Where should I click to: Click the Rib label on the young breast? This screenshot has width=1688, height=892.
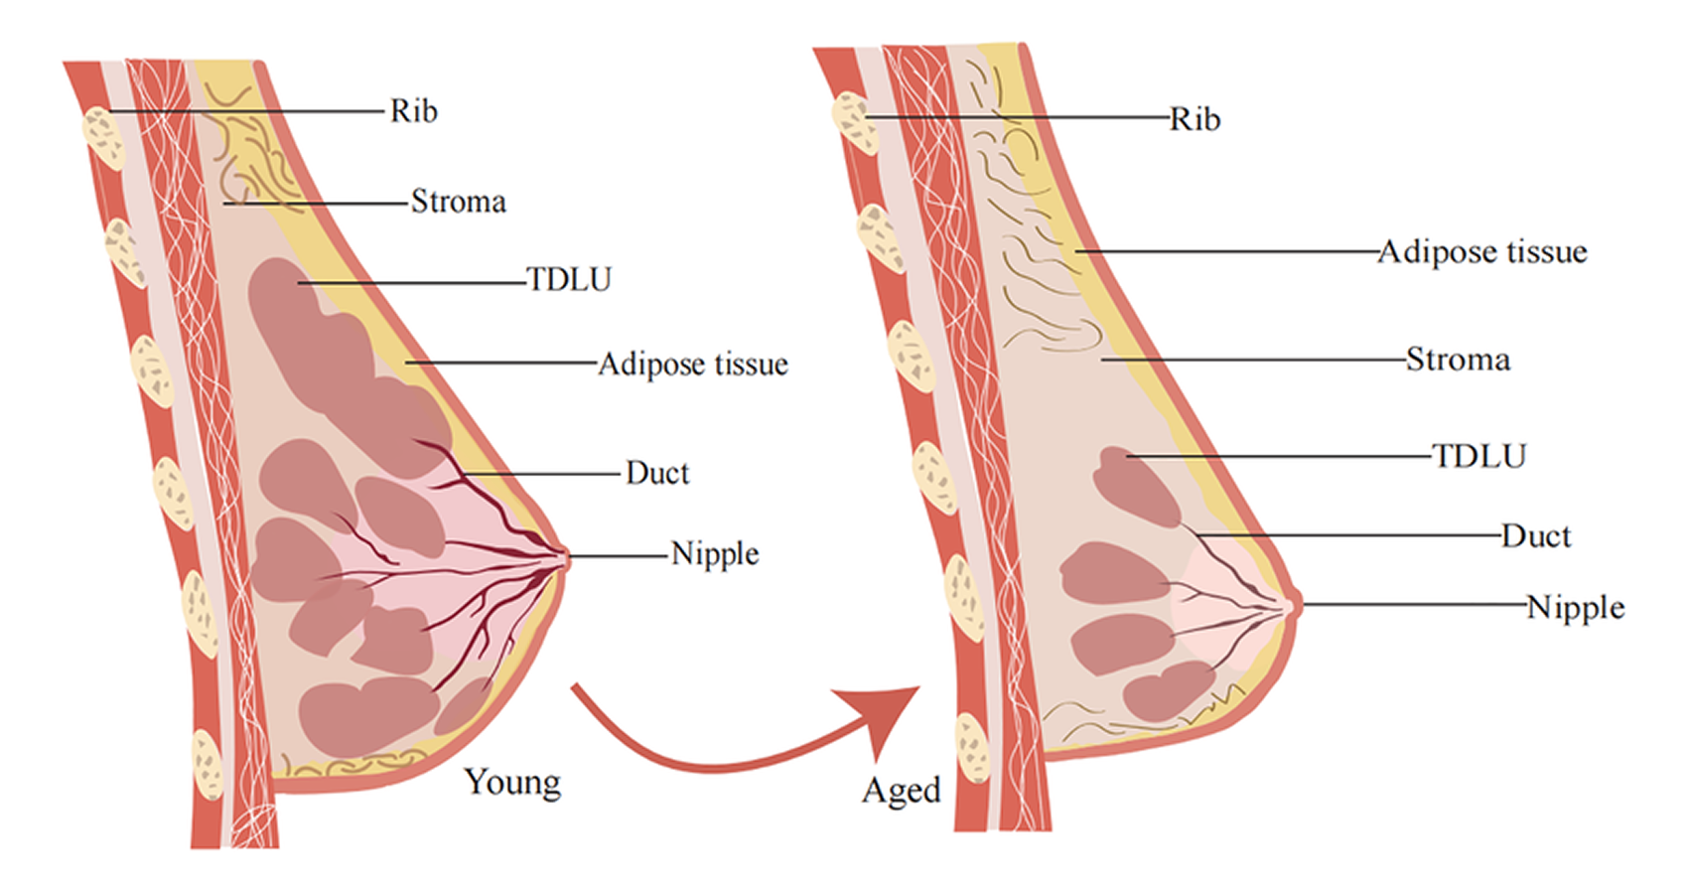click(x=413, y=110)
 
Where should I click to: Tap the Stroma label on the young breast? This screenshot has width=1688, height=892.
click(x=459, y=202)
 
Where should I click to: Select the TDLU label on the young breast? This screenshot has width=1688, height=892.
click(x=569, y=280)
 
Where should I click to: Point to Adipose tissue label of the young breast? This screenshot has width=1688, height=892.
click(x=693, y=365)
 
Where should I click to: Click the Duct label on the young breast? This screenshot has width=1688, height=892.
click(x=657, y=473)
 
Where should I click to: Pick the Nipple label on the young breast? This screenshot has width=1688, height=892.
click(x=715, y=553)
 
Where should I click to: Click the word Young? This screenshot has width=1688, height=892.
click(x=512, y=783)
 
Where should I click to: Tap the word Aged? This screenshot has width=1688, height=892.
click(x=901, y=791)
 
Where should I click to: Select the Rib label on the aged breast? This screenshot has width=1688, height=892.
click(x=1195, y=119)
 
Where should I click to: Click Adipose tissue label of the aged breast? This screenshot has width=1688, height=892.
click(x=1482, y=252)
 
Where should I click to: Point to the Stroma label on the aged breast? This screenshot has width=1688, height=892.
click(x=1458, y=359)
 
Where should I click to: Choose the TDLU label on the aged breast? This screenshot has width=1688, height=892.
click(x=1479, y=456)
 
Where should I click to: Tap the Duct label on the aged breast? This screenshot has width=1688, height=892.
click(x=1536, y=536)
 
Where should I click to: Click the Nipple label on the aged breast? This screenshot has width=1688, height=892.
click(x=1576, y=607)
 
